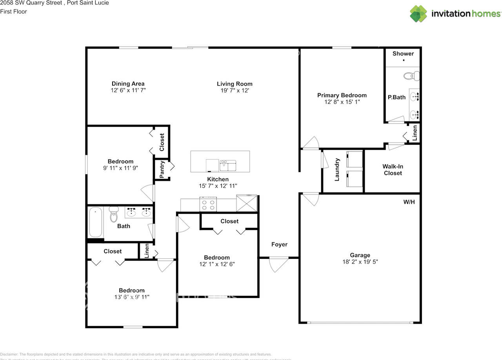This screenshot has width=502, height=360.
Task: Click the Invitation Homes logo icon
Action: click(418, 14)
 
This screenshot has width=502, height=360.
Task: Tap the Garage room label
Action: click(360, 255)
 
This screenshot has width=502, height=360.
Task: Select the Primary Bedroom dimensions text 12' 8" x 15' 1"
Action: click(342, 102)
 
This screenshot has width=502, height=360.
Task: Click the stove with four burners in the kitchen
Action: click(209, 204)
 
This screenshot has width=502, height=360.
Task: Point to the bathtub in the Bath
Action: click(95, 222)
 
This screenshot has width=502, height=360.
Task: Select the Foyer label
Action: click(279, 244)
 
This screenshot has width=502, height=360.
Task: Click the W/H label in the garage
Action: click(409, 202)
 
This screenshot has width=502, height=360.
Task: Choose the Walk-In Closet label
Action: click(393, 170)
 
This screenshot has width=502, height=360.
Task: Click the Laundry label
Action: click(336, 170)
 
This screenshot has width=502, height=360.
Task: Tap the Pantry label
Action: click(162, 169)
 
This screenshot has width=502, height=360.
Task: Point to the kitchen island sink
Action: click(228, 165)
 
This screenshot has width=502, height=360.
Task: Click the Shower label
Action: click(403, 53)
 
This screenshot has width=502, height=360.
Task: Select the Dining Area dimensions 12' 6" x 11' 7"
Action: click(128, 90)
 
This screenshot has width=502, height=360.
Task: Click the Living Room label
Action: click(235, 84)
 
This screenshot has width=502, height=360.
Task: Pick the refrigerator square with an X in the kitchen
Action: click(246, 204)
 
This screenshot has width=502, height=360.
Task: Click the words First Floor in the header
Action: click(13, 11)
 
